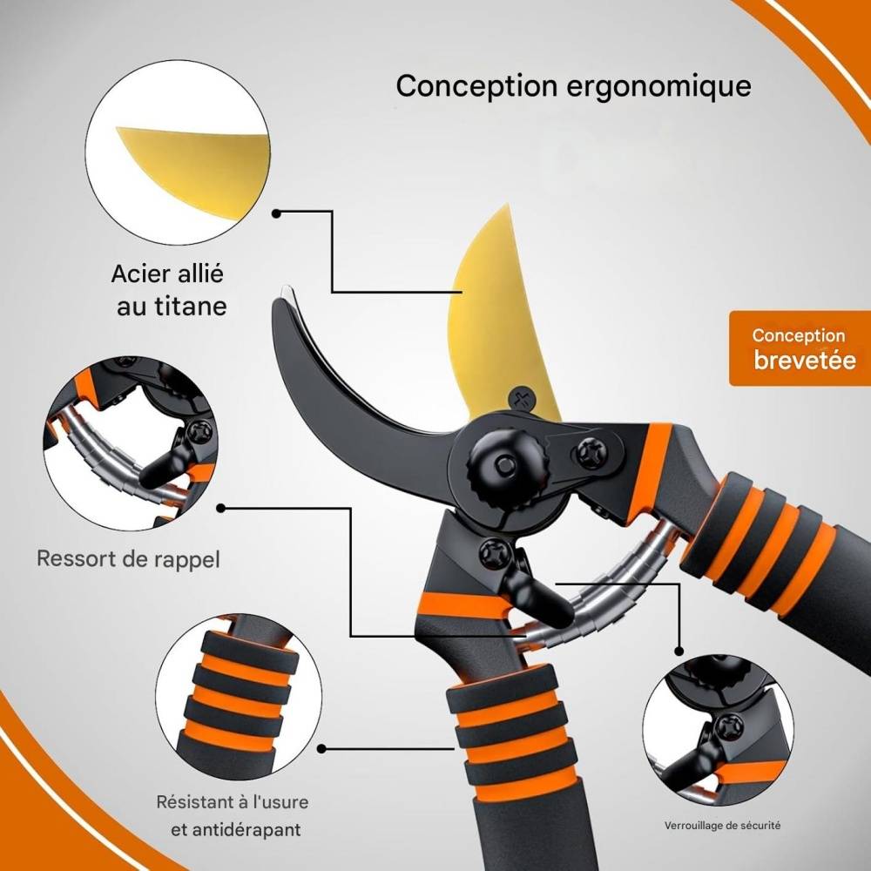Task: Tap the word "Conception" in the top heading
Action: click(476, 86)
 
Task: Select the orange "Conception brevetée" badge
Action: click(800, 348)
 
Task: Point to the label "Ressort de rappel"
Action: click(128, 559)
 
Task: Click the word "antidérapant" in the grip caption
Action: click(235, 830)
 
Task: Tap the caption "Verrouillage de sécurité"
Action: click(722, 826)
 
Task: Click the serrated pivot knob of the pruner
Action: click(508, 462)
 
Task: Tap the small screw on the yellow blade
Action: click(522, 399)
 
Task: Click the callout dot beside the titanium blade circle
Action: click(276, 213)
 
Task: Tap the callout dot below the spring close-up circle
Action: click(220, 508)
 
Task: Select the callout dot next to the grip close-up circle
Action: click(321, 748)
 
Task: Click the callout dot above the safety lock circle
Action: click(679, 651)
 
